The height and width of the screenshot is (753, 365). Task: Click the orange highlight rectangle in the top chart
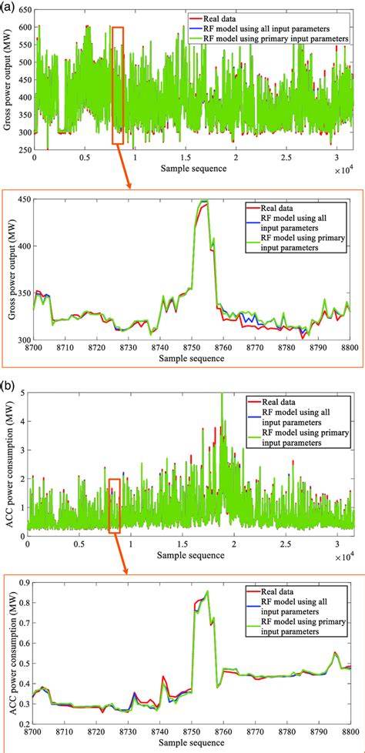pos(117,85)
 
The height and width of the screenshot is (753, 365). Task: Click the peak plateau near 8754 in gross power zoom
pos(204,202)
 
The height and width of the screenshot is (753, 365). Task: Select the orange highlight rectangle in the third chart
pos(115,505)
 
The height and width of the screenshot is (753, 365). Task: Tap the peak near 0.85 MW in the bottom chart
pos(206,592)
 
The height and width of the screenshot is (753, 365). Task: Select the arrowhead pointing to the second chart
pos(130,184)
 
